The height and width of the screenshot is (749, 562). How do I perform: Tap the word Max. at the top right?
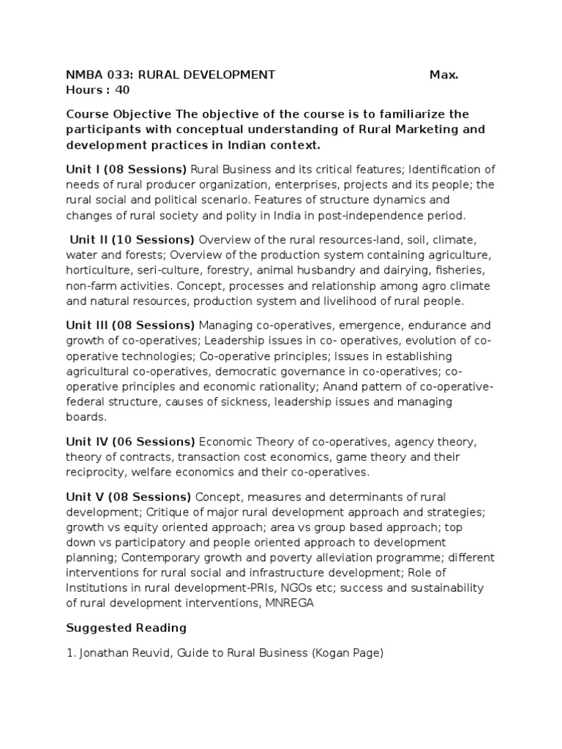point(444,74)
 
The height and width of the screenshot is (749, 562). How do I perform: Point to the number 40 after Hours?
point(122,90)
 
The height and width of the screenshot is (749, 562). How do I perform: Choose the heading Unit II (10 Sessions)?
point(132,239)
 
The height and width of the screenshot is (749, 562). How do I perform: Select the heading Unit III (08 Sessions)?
point(130,325)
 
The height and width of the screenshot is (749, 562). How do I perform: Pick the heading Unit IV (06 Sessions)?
point(130,442)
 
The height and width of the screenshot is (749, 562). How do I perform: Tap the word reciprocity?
point(94,473)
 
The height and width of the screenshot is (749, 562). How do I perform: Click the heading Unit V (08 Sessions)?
point(128,497)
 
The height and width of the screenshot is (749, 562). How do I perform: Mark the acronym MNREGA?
point(289,604)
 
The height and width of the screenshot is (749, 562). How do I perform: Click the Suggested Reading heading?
point(126,628)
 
